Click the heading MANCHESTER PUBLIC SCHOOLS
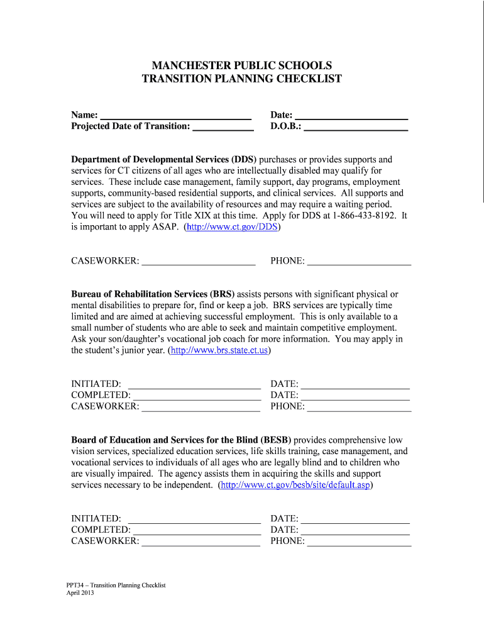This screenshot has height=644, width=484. coord(242,65)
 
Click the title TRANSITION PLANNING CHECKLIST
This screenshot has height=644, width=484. coord(242,79)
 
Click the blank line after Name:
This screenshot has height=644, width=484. coord(175,116)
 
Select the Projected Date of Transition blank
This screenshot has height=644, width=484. coord(223,127)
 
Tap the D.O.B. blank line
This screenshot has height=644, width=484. coord(356,127)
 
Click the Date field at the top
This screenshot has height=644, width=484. coord(351,116)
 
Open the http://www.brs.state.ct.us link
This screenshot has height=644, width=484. coord(219,350)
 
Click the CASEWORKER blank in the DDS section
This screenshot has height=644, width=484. coord(198,261)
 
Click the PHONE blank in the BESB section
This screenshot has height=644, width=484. coord(359,541)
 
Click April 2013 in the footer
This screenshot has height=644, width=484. coord(80,593)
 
